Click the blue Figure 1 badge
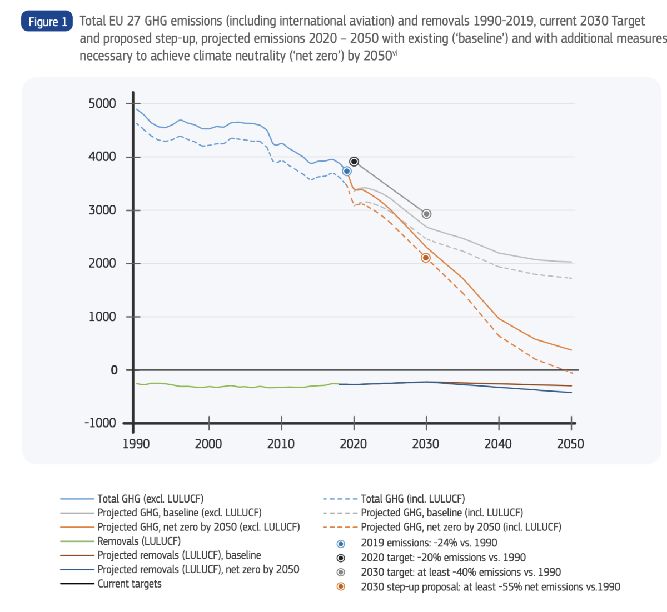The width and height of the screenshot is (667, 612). click(47, 22)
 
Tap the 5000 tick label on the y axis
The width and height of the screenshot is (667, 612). click(102, 103)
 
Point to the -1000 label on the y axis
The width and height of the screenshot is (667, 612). click(101, 423)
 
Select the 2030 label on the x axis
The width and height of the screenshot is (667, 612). click(426, 444)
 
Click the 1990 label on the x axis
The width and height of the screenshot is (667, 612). click(136, 444)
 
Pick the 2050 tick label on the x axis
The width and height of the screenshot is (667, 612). click(570, 444)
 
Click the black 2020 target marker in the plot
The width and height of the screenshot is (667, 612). click(354, 162)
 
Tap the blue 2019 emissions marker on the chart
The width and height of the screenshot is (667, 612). click(347, 172)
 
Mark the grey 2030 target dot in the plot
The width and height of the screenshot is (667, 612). click(426, 214)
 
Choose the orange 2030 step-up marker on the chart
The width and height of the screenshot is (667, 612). click(426, 258)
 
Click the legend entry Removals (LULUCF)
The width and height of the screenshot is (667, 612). click(139, 541)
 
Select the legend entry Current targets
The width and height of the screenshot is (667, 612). click(130, 584)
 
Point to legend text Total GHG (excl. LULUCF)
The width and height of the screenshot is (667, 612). click(151, 499)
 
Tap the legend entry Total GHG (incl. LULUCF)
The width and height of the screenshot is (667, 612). click(413, 499)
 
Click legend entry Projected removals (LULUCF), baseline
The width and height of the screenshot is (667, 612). click(179, 555)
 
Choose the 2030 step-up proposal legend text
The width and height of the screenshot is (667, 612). click(490, 587)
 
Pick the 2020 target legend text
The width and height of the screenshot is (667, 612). click(443, 558)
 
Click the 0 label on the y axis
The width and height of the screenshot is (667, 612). click(114, 370)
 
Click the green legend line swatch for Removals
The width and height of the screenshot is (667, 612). click(77, 541)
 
